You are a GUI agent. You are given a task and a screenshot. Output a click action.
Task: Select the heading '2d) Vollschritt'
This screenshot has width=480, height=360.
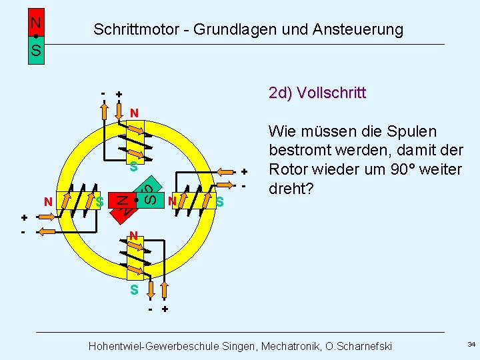click(317, 93)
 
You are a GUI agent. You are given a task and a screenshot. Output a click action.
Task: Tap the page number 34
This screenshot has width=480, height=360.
click(471, 344)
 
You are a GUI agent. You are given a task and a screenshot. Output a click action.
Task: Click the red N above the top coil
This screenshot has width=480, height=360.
click(134, 113)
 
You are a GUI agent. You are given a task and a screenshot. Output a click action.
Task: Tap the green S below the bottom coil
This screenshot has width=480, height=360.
click(134, 290)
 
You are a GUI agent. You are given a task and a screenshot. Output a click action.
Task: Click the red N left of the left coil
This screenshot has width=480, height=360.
click(47, 201)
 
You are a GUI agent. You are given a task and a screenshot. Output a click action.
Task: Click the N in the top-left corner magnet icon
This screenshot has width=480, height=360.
click(36, 22)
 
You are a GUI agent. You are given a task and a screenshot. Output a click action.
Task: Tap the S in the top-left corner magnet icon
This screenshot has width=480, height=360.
click(36, 51)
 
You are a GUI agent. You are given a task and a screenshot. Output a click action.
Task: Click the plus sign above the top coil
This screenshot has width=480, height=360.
click(119, 95)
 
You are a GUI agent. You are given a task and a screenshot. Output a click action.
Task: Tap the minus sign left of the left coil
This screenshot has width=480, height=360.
click(24, 232)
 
